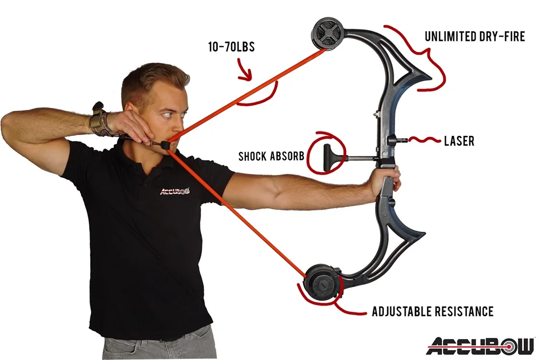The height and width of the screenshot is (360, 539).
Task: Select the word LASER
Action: pos(459,141)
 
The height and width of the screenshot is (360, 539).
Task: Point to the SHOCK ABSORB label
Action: pos(272,157)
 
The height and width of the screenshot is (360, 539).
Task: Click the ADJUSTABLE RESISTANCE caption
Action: pos(432,311)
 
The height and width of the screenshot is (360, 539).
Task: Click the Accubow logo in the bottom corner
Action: pos(480,345)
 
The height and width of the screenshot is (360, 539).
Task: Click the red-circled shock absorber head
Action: pos(326,157)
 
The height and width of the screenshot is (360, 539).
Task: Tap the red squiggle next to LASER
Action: pos(425,141)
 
